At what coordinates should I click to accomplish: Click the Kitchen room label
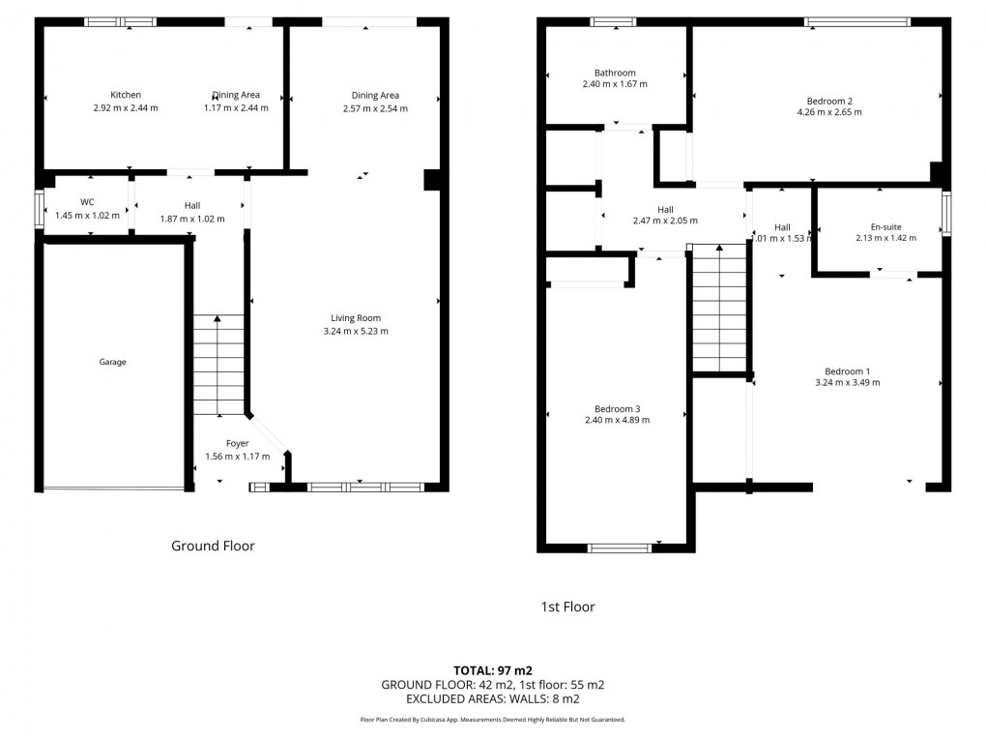[126, 95]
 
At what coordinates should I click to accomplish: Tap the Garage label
[112, 362]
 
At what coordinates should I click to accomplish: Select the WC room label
[87, 202]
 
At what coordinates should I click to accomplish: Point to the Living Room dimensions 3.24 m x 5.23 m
[356, 331]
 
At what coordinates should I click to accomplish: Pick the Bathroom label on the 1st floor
[615, 73]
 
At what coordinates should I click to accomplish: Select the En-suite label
[879, 226]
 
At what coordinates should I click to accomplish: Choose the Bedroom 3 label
[617, 408]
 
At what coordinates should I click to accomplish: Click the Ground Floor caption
[213, 546]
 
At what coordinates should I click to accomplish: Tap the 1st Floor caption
[567, 607]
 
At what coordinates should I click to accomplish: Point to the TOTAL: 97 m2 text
[493, 669]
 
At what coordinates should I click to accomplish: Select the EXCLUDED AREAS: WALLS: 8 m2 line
[493, 698]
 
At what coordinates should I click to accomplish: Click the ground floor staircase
[218, 366]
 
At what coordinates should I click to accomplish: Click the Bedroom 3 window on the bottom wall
[620, 548]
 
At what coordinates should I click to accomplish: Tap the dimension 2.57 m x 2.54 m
[375, 108]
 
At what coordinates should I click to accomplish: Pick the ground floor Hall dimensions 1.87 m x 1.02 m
[191, 219]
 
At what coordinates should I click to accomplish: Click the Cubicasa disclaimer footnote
[493, 720]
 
